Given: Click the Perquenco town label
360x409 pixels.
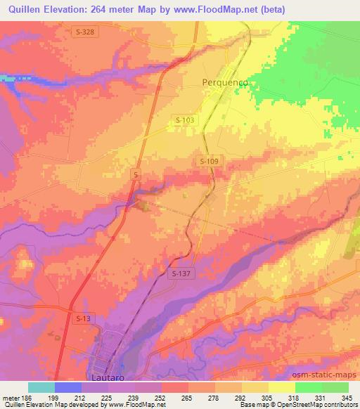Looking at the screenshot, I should (226, 82).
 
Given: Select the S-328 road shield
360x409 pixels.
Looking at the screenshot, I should (84, 32).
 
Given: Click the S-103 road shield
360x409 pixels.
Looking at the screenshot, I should (186, 121).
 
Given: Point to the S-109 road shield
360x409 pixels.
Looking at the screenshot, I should (209, 162).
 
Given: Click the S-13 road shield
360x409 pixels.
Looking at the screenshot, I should (82, 319).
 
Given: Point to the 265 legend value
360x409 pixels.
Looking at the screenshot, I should (187, 398).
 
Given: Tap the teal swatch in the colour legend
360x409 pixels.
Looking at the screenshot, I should (41, 387).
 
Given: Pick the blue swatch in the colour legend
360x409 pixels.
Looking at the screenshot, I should (68, 387).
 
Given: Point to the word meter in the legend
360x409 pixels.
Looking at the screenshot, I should (10, 398).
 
